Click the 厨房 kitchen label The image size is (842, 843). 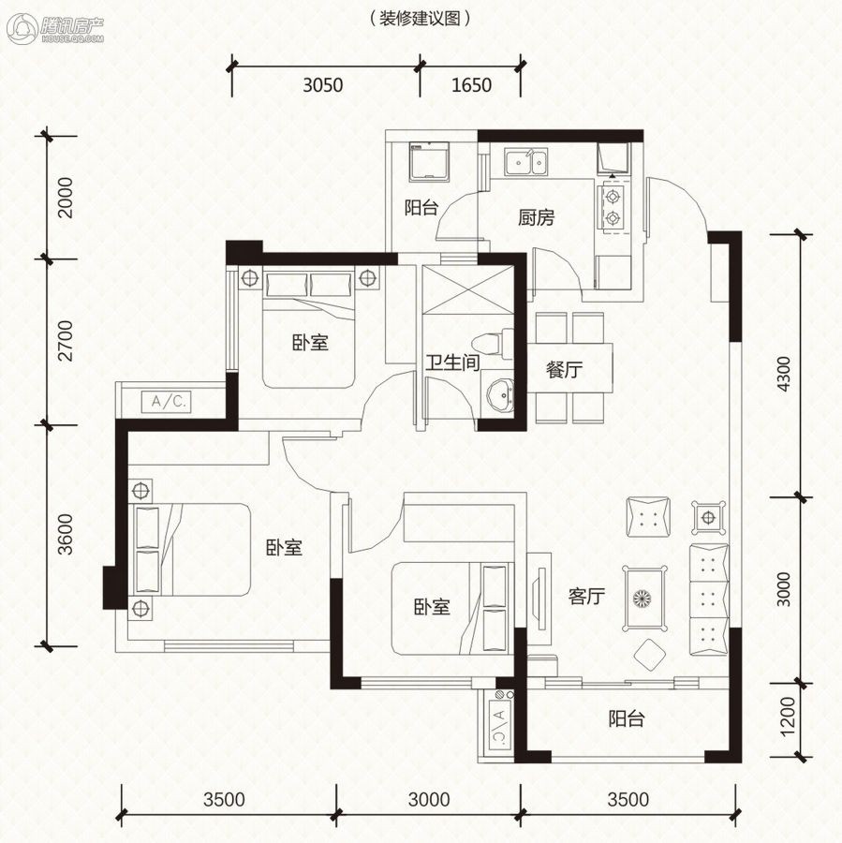tap(536, 217)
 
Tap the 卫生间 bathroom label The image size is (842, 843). tap(452, 362)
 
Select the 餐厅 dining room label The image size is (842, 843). tap(564, 369)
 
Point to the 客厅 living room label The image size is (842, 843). tap(586, 597)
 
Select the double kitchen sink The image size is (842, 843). tap(525, 162)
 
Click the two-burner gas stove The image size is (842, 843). tap(613, 209)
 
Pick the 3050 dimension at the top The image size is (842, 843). tap(322, 85)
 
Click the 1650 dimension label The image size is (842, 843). tap(471, 85)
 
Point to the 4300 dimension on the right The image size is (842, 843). tap(785, 374)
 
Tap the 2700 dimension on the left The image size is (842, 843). tap(65, 340)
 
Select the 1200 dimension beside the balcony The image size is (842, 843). tap(786, 717)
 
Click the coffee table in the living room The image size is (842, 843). tap(644, 598)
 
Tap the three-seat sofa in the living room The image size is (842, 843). tap(709, 600)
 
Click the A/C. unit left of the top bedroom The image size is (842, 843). tap(166, 402)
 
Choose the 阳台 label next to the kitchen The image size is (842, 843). tap(421, 208)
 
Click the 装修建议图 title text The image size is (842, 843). tap(420, 19)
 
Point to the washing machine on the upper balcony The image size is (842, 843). tap(429, 161)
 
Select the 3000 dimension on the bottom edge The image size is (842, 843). tap(429, 800)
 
